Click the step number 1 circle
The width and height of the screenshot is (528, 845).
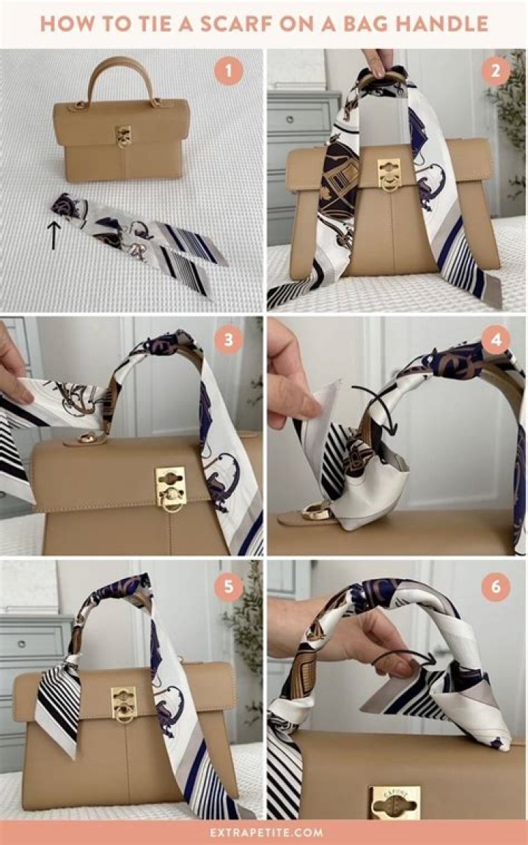coord(229,71)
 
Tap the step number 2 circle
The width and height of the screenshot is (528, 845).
coord(496,71)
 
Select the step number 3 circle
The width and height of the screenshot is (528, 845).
coord(229,340)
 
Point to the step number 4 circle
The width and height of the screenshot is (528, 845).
coord(496,340)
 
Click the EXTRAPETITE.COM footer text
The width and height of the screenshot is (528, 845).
coord(263,833)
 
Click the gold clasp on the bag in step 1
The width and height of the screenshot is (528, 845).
coord(123,136)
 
